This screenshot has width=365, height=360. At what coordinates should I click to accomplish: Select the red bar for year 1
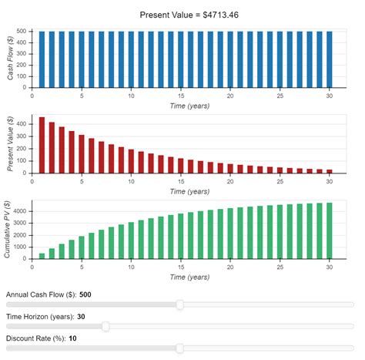tap(42, 146)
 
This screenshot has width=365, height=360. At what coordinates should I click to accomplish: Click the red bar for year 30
tap(330, 170)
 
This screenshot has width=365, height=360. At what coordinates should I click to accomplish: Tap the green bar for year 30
tap(330, 230)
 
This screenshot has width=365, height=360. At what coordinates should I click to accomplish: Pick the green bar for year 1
tap(42, 255)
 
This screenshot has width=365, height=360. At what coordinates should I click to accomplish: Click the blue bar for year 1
tap(42, 59)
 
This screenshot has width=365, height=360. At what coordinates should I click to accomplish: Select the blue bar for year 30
tap(330, 59)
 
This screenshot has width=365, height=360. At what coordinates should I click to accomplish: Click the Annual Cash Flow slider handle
tap(179, 304)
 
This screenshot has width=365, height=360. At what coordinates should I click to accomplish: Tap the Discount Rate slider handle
tap(179, 348)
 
